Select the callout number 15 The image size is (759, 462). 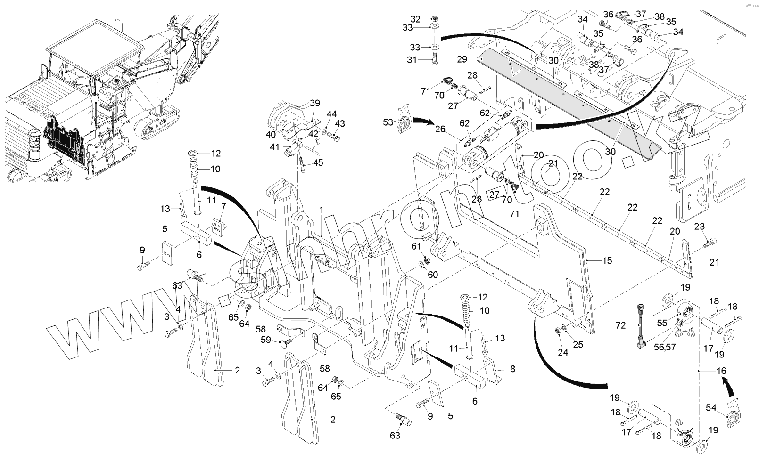(x=607, y=260)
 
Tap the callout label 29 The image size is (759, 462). (x=462, y=59)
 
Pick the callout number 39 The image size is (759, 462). (x=315, y=103)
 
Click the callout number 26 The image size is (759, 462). (x=440, y=129)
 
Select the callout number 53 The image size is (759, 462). (x=388, y=122)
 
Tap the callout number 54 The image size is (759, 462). (x=711, y=407)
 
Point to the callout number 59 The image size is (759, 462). (x=266, y=339)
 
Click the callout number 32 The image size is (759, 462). (x=415, y=19)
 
